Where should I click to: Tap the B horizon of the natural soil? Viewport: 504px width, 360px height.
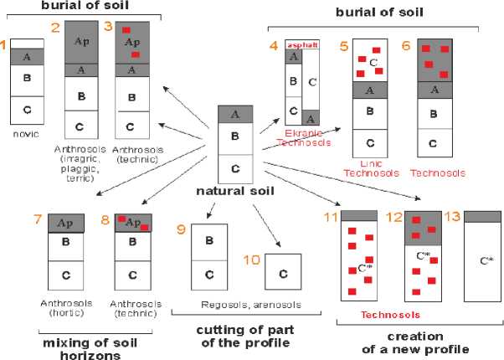click(x=235, y=136)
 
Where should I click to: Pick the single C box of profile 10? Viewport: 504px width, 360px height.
click(x=282, y=274)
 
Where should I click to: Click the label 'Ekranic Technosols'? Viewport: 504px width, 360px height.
click(x=303, y=138)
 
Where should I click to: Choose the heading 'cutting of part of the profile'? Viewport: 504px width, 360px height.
click(x=247, y=336)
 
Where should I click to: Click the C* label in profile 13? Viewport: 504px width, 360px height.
click(x=486, y=260)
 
